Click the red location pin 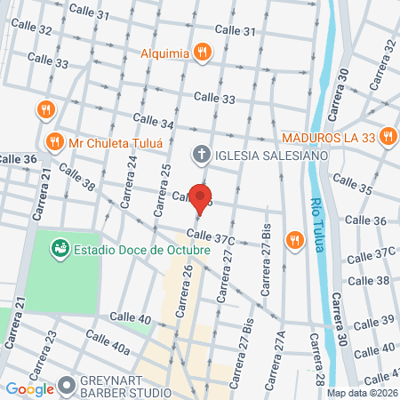click(203, 197)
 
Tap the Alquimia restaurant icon click(204, 52)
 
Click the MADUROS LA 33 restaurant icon click(387, 137)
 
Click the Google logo click(29, 388)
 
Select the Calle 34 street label click(153, 120)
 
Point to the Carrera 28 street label click(316, 361)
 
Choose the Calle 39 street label click(373, 320)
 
